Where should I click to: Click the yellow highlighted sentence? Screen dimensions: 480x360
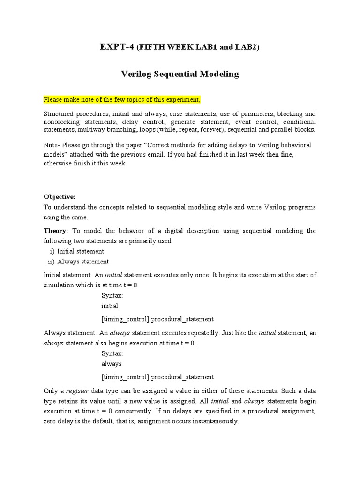[122, 99]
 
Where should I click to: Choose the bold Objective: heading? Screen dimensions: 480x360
[59, 197]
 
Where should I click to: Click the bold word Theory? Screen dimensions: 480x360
[56, 231]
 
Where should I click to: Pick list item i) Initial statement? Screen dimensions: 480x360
[76, 251]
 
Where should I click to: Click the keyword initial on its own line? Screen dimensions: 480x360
[110, 306]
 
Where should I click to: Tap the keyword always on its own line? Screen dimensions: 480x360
[112, 364]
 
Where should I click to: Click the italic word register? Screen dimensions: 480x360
[77, 391]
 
